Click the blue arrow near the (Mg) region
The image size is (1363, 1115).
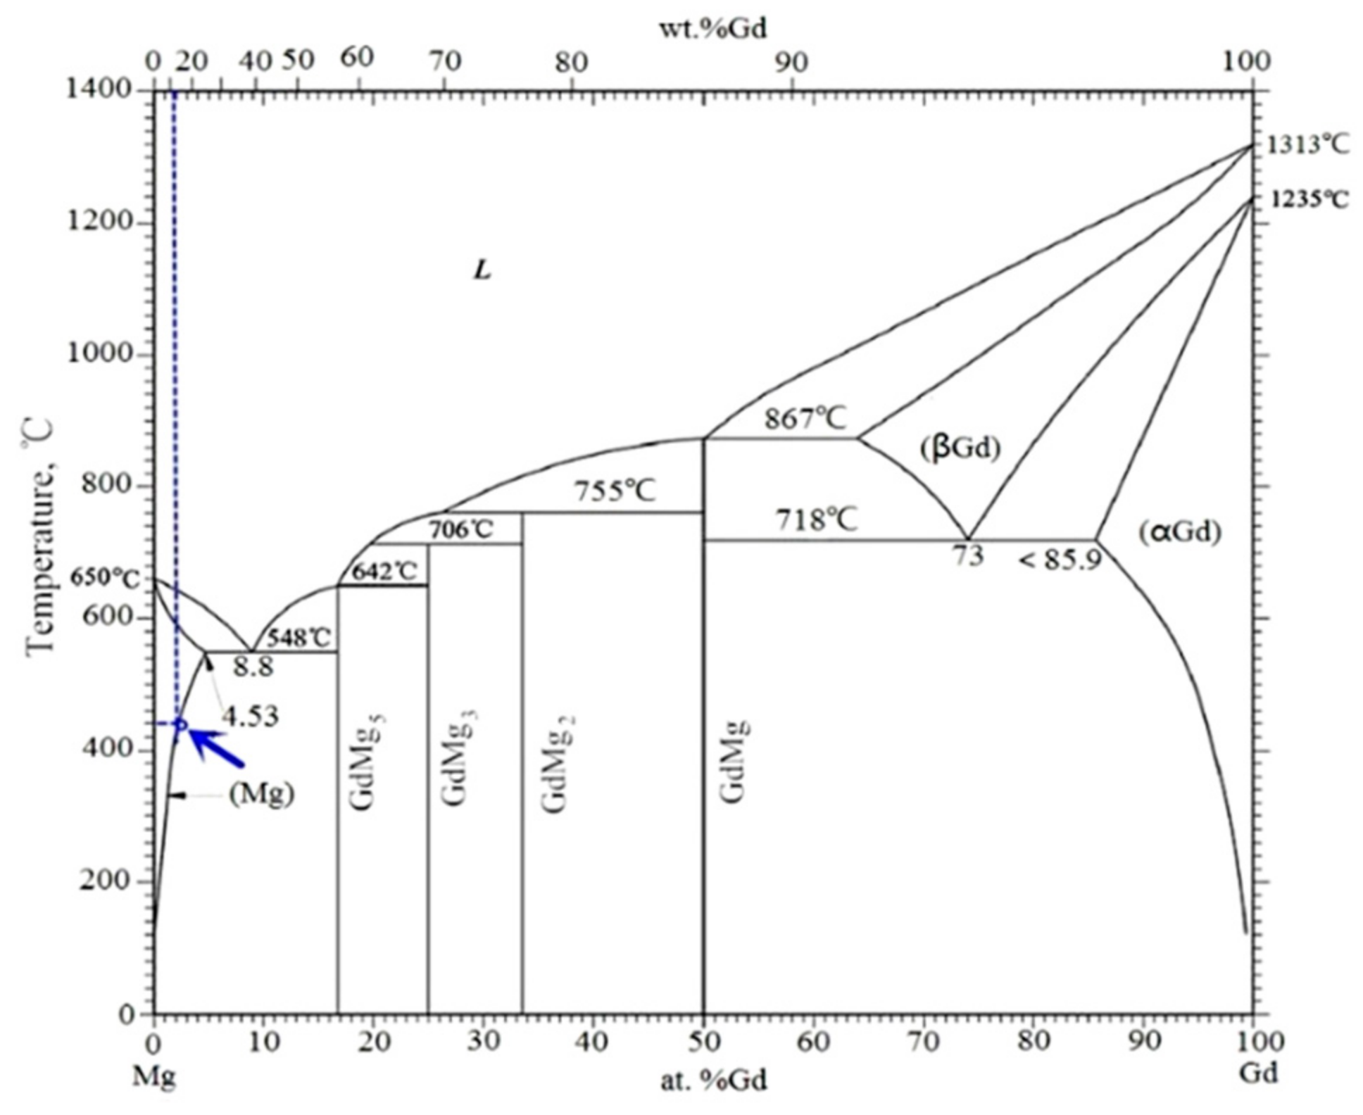click(217, 747)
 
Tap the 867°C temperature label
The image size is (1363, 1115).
click(805, 419)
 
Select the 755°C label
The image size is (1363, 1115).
click(615, 491)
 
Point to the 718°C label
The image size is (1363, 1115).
click(817, 521)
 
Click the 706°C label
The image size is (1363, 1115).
click(461, 529)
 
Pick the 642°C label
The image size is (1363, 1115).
click(384, 572)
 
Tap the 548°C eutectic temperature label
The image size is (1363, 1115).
click(299, 638)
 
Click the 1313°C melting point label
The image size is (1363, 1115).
click(1308, 145)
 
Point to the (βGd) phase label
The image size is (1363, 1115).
click(960, 448)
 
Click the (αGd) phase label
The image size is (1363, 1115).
click(1180, 531)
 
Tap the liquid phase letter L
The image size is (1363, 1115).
click(482, 270)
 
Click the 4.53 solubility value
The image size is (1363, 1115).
click(251, 717)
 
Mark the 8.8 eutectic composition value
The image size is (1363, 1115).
click(253, 667)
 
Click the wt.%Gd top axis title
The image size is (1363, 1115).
click(712, 28)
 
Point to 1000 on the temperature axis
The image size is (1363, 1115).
click(99, 353)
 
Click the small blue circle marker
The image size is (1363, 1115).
click(180, 724)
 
